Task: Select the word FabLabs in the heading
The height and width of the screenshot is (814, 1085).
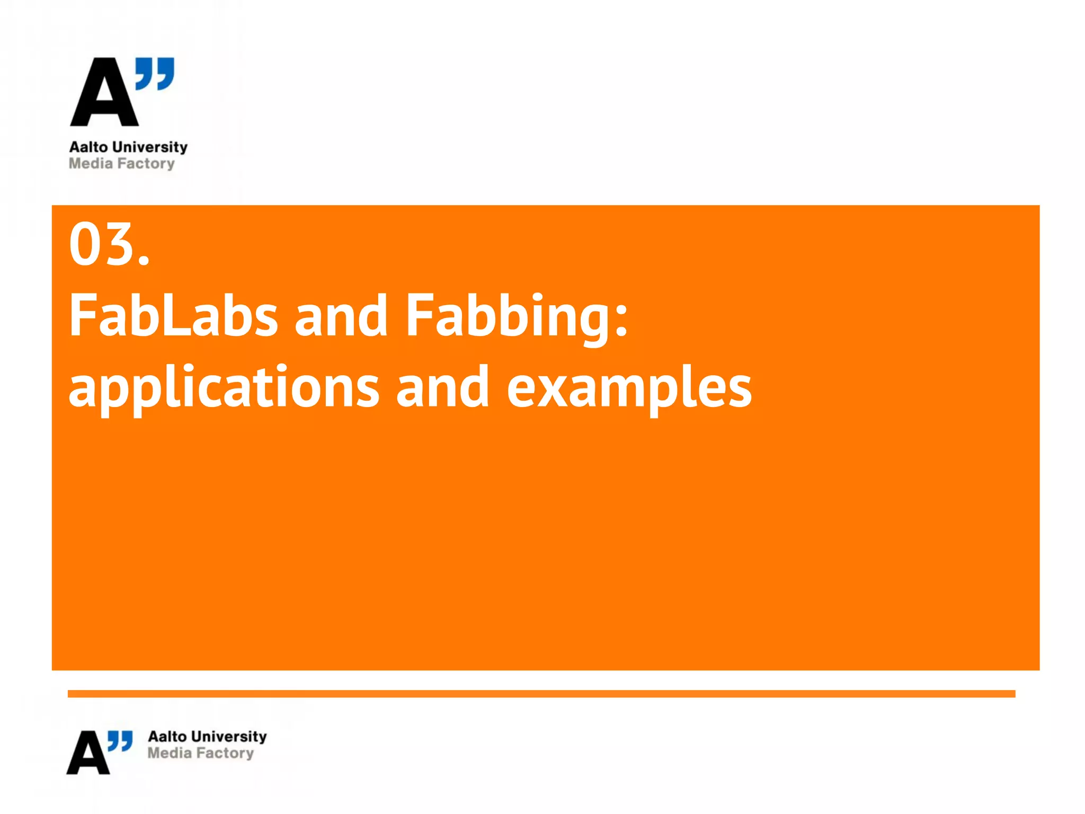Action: click(x=173, y=316)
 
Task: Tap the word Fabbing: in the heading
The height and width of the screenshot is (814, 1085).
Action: click(x=517, y=317)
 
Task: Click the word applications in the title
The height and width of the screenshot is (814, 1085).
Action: click(x=224, y=388)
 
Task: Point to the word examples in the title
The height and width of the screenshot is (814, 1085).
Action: click(x=629, y=388)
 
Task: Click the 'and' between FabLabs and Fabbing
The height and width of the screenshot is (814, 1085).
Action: click(x=341, y=316)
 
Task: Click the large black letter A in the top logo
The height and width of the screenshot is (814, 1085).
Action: click(x=104, y=94)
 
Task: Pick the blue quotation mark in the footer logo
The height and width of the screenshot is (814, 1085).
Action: click(x=120, y=741)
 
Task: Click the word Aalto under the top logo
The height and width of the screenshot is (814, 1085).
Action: click(x=88, y=147)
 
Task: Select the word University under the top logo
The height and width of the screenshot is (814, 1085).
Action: click(x=150, y=147)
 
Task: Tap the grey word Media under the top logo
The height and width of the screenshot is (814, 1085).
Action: click(x=91, y=164)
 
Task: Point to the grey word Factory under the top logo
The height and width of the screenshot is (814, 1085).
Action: click(x=146, y=164)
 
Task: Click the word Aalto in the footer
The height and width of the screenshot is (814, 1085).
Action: click(x=167, y=737)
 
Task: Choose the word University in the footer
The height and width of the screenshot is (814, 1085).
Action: click(x=229, y=737)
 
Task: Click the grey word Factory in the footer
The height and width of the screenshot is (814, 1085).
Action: click(x=225, y=754)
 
